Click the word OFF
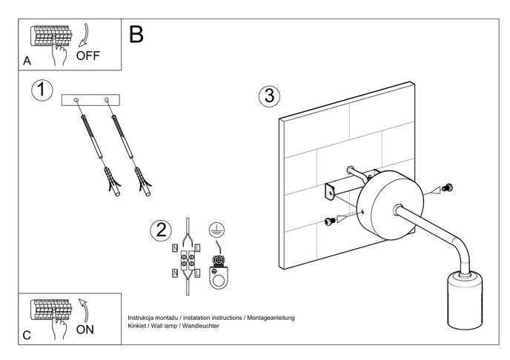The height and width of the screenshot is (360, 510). pos(87,56)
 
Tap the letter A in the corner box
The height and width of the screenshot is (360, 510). pos(27,61)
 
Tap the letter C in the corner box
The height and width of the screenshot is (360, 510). pos(27,336)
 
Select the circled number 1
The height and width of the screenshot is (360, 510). pos(42,91)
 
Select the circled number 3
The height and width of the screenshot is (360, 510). pos(270,96)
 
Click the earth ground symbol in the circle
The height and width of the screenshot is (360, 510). pos(216,230)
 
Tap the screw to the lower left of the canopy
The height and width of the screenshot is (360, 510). pos(328,221)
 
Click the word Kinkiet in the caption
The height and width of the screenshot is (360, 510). pos(139,325)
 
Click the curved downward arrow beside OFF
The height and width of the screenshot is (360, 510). pos(84,34)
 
